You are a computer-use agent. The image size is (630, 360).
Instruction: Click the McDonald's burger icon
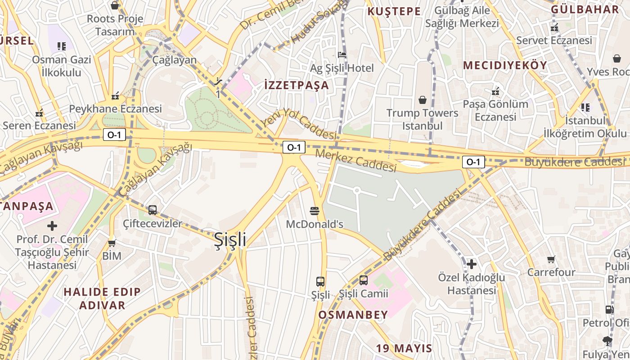(x=315, y=211)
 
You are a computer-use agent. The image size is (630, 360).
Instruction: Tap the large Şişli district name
(x=230, y=239)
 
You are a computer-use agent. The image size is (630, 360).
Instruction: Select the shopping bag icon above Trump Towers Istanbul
(x=423, y=99)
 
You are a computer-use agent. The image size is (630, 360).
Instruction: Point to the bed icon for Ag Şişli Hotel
(x=342, y=55)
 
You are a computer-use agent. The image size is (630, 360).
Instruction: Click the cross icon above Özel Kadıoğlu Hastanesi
(x=471, y=264)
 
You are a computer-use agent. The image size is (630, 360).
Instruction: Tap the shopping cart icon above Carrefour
(x=551, y=259)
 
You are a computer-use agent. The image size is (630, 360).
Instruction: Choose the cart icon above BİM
(x=112, y=243)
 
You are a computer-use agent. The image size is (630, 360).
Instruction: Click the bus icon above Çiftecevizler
(x=153, y=210)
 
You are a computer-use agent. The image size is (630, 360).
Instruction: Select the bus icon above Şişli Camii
(x=363, y=280)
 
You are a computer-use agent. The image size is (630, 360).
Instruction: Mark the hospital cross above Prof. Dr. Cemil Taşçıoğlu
(x=52, y=225)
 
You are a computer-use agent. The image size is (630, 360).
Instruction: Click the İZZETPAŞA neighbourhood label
(x=297, y=85)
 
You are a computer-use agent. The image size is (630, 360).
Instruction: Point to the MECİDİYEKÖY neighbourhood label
(x=505, y=65)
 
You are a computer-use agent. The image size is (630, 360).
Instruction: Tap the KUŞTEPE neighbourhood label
(x=394, y=11)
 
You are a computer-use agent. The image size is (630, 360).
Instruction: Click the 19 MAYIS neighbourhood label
(x=404, y=348)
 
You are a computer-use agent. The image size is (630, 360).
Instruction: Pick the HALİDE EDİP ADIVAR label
(x=102, y=298)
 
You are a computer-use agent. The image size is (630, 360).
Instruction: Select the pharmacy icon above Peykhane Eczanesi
(x=115, y=96)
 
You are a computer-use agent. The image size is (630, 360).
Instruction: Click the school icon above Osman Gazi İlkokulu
(x=62, y=46)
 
